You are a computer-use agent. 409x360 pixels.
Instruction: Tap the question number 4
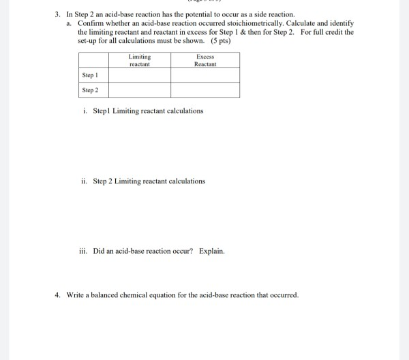point(58,295)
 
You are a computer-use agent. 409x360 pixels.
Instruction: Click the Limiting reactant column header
point(139,60)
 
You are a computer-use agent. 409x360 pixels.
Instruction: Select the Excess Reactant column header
point(204,60)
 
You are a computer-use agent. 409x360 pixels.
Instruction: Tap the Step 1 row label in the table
point(90,75)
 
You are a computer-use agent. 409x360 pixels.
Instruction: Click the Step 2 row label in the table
point(90,90)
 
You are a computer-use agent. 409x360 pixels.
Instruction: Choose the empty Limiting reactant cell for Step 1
point(139,75)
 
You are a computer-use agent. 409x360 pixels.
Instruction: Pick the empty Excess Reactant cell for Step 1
point(204,75)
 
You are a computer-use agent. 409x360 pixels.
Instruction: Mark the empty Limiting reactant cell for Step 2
point(139,90)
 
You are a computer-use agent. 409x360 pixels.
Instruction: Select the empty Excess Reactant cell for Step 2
point(204,90)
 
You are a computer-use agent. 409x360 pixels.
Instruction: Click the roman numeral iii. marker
point(84,251)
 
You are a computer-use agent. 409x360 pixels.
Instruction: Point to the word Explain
point(211,251)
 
